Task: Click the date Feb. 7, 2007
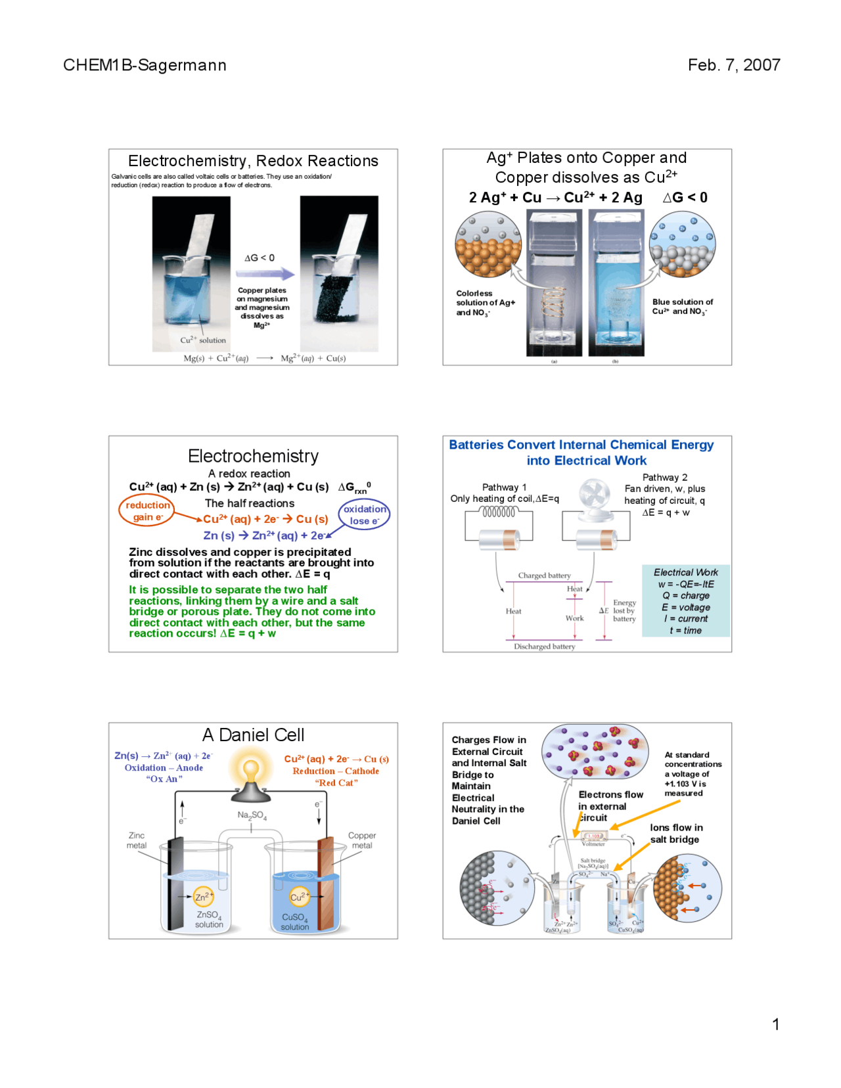[734, 65]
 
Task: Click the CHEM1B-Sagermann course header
[145, 65]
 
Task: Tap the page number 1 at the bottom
[776, 1024]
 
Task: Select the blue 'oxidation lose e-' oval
[364, 514]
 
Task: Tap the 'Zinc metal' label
[137, 840]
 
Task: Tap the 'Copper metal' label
[362, 840]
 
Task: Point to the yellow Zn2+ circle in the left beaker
[204, 896]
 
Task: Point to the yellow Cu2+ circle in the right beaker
[300, 897]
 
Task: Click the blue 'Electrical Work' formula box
[686, 601]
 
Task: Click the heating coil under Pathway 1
[499, 512]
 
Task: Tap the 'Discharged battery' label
[544, 646]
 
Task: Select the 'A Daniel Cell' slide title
[253, 735]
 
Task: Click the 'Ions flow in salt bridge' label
[676, 833]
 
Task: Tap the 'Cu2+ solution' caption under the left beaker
[203, 340]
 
